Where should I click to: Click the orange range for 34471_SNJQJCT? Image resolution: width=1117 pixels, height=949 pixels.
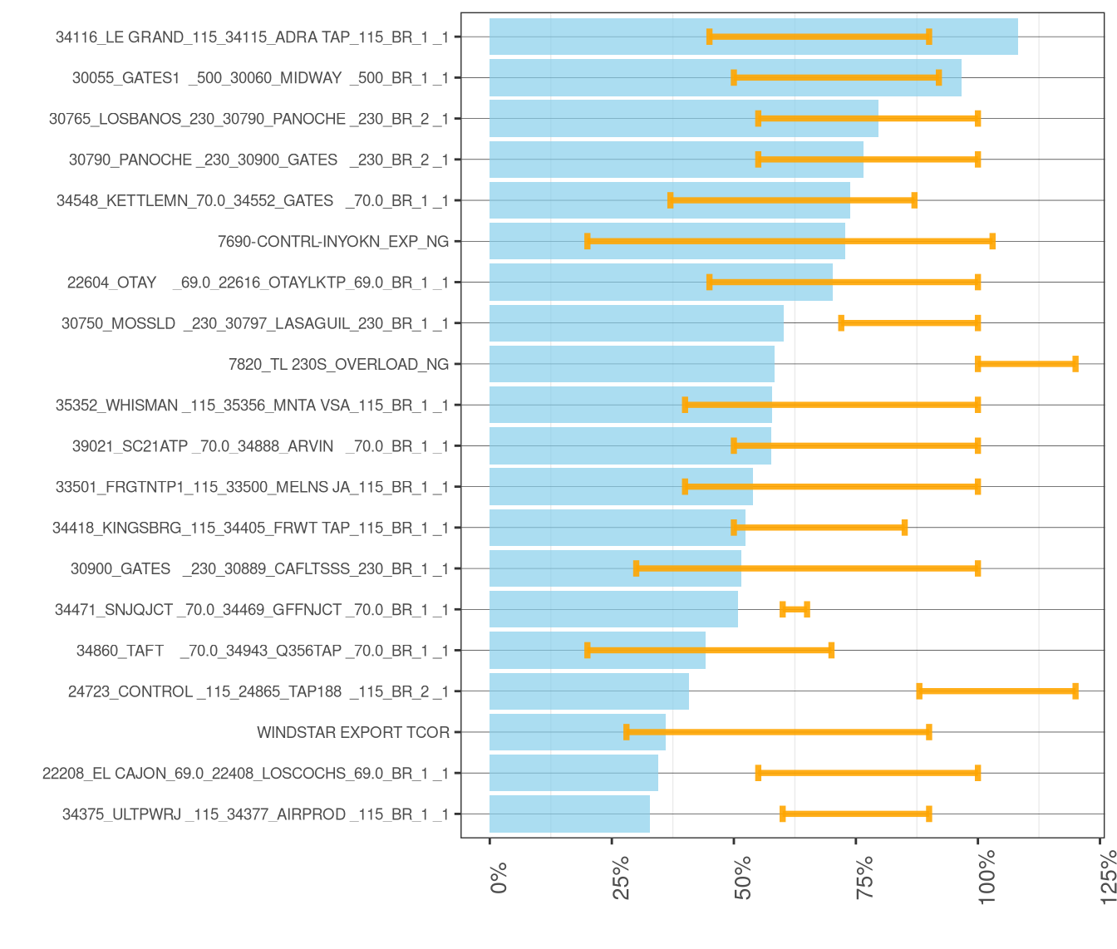(x=795, y=610)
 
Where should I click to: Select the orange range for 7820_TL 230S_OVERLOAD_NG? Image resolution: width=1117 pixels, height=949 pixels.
(x=1026, y=364)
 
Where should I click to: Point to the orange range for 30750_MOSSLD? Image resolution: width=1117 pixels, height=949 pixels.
(x=909, y=323)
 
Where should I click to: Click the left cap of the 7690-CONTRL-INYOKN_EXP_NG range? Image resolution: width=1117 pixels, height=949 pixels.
(x=588, y=242)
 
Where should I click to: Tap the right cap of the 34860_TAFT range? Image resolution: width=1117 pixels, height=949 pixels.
(x=831, y=651)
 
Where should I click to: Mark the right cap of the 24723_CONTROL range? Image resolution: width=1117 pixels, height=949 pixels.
(x=1075, y=691)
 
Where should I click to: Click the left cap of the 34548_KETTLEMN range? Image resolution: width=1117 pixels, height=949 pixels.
(x=671, y=200)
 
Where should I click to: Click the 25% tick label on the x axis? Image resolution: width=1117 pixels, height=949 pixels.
(x=622, y=877)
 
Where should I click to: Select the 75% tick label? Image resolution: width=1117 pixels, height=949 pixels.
(x=866, y=877)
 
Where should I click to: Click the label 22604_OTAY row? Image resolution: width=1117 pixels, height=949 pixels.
(x=258, y=283)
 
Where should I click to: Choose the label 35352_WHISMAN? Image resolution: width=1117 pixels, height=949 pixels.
(x=252, y=406)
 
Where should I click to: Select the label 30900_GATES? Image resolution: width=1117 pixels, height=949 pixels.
(x=259, y=568)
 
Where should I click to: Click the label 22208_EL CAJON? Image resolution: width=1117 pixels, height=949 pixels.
(x=245, y=774)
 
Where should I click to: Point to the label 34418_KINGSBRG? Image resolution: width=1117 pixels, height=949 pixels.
(x=250, y=528)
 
